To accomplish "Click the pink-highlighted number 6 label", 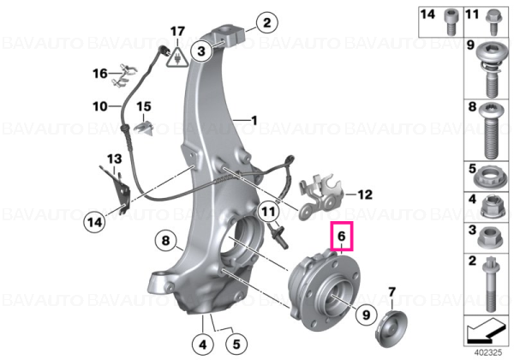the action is (x=342, y=236).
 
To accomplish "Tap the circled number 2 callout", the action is (x=266, y=22).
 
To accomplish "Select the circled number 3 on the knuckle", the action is (x=201, y=51).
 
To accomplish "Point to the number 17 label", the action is (x=177, y=32).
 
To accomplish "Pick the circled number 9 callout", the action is (x=366, y=315).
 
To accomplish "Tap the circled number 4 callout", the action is (x=203, y=345).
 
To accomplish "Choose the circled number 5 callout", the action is (x=236, y=344).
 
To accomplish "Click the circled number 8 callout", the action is (x=166, y=240).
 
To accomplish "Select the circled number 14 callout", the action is (x=94, y=223).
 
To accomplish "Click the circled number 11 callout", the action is (x=268, y=211).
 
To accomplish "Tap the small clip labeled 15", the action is (x=144, y=127).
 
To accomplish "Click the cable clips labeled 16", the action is (x=124, y=75).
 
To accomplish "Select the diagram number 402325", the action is (x=488, y=353).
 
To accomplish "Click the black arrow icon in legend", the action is (x=486, y=332).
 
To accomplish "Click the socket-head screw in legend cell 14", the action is (x=449, y=21).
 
